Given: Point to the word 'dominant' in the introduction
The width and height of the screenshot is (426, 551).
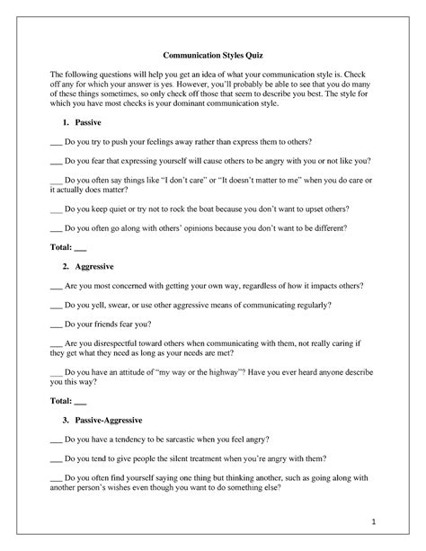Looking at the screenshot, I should (x=203, y=104).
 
